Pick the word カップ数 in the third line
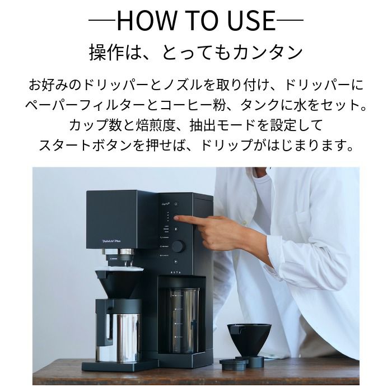(x=89, y=125)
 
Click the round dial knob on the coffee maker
(x=178, y=246)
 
